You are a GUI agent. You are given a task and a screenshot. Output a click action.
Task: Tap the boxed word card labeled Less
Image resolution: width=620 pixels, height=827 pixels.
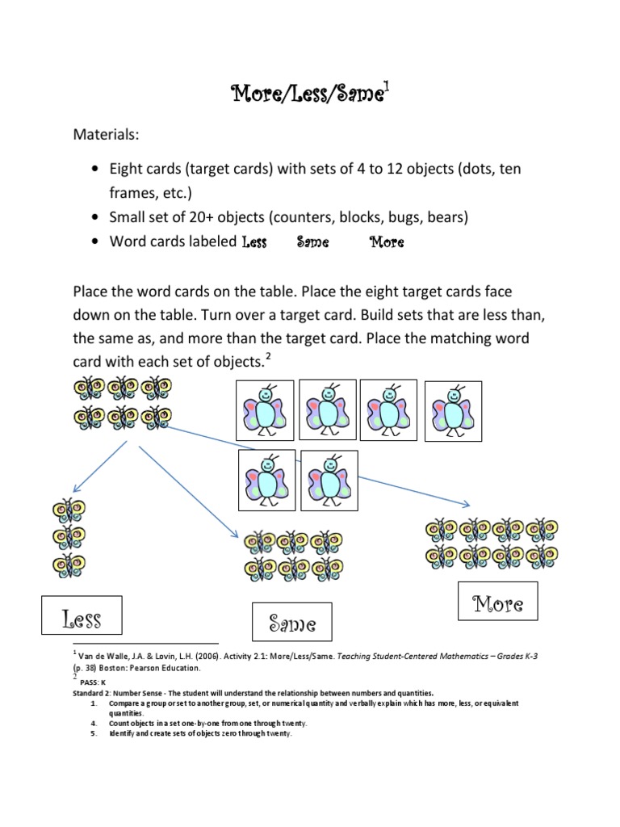pyautogui.click(x=82, y=619)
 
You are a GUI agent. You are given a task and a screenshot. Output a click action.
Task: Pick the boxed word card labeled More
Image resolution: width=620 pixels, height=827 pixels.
pyautogui.click(x=497, y=602)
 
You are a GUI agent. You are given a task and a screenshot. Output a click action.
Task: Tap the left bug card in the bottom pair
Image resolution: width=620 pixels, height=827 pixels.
pyautogui.click(x=267, y=480)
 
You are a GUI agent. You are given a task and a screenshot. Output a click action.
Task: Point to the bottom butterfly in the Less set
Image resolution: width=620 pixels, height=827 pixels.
pyautogui.click(x=69, y=564)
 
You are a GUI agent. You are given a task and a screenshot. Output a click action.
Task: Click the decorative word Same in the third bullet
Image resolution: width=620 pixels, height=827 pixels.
pyautogui.click(x=312, y=241)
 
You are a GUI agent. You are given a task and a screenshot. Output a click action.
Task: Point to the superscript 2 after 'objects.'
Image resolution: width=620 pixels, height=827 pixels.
pyautogui.click(x=269, y=359)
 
